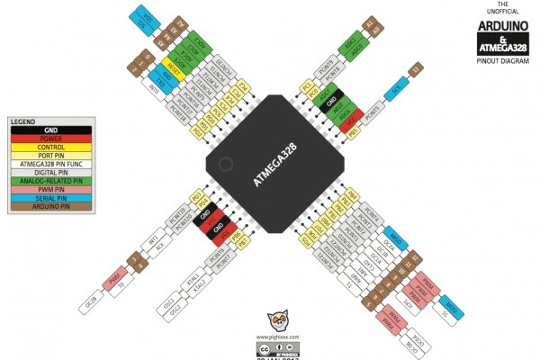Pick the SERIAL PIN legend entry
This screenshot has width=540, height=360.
coord(50,197)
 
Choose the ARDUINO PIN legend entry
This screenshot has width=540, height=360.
coord(50,206)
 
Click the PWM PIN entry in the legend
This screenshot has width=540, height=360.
coord(50,189)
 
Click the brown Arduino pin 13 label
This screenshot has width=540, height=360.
coord(415,69)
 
